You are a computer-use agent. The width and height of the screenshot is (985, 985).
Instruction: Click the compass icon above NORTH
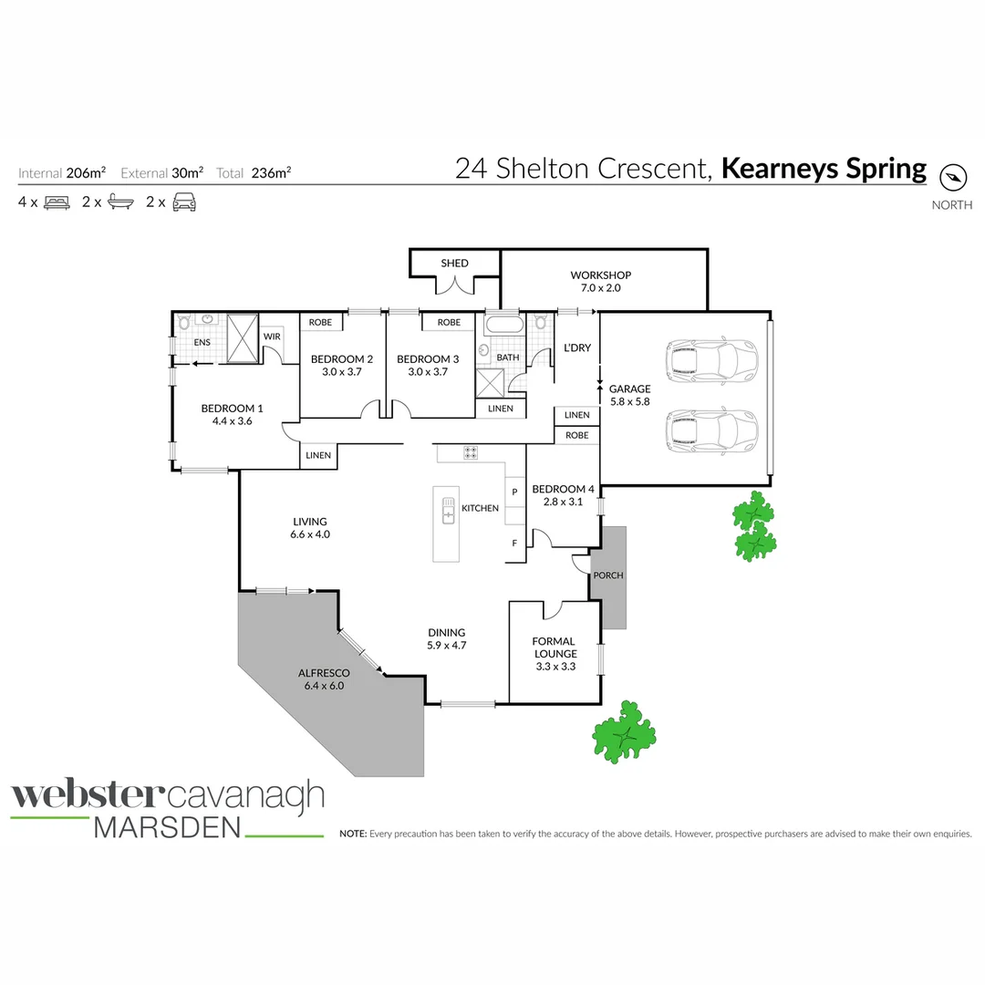pyautogui.click(x=953, y=177)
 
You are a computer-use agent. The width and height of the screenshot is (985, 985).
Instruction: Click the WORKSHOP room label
pyautogui.click(x=600, y=281)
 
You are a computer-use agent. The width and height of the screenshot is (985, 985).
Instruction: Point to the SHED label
pyautogui.click(x=454, y=263)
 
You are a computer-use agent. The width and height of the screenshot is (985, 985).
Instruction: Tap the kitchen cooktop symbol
pyautogui.click(x=471, y=451)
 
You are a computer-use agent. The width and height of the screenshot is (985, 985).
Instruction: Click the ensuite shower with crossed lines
pyautogui.click(x=244, y=338)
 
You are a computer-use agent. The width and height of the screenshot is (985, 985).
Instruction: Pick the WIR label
pyautogui.click(x=272, y=337)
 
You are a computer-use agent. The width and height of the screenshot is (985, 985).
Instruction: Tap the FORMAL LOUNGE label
pyautogui.click(x=555, y=648)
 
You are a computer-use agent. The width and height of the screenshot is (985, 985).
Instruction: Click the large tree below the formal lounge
pyautogui.click(x=626, y=731)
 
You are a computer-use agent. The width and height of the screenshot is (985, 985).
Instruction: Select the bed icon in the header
pyautogui.click(x=57, y=202)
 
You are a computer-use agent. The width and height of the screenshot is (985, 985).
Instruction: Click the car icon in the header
pyautogui.click(x=184, y=202)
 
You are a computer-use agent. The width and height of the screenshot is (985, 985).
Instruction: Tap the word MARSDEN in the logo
pyautogui.click(x=169, y=826)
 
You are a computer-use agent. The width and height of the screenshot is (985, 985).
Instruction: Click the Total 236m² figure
pyautogui.click(x=272, y=172)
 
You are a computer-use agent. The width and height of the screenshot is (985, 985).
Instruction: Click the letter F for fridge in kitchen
pyautogui.click(x=514, y=544)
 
